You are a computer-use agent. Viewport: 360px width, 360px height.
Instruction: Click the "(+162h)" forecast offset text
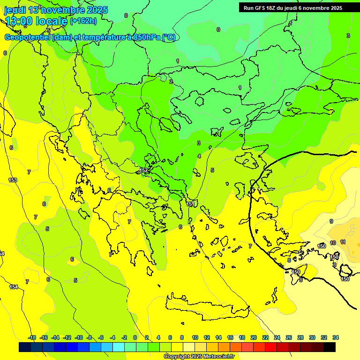[83, 21]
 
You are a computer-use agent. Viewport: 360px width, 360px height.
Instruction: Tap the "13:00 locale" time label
[36, 21]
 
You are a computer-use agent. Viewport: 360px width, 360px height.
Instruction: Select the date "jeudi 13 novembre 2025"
[56, 10]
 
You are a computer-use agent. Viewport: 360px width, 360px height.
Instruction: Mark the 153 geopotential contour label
[13, 180]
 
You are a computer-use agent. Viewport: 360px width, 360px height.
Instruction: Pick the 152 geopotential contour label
[143, 170]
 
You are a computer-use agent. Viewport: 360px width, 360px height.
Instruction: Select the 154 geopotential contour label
[14, 287]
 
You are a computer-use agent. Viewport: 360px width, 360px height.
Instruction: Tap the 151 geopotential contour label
[190, 204]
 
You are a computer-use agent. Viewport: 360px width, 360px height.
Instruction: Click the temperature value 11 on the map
[343, 242]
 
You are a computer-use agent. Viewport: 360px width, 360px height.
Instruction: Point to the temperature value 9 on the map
[331, 221]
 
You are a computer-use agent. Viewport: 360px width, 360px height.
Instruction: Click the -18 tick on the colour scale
[32, 337]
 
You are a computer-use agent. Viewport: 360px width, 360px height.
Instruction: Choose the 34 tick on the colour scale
[336, 337]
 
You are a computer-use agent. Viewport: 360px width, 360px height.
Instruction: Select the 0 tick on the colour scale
[135, 337]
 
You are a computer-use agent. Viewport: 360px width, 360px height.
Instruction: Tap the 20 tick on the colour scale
[253, 337]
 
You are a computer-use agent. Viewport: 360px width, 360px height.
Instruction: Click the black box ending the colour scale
[330, 347]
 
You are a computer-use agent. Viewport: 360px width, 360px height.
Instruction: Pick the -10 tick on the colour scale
[79, 337]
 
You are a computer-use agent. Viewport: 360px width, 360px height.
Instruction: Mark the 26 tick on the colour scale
[289, 337]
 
